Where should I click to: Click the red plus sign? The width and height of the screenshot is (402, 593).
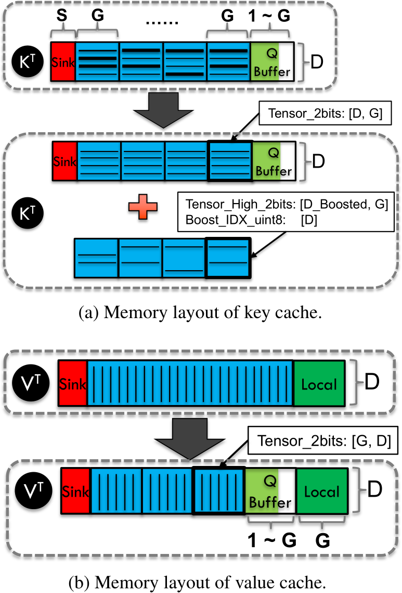pos(143,207)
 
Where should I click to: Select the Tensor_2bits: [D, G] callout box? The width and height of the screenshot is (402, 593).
pos(325,113)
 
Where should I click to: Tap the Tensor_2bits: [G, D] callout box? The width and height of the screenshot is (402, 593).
pos(323,440)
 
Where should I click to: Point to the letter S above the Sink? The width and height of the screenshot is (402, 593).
pos(61,16)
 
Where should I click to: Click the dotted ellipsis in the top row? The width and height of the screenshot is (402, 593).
pos(162,23)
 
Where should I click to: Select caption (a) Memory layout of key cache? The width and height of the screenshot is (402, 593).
pos(200,313)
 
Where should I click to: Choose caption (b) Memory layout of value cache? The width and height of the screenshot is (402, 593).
pos(198,583)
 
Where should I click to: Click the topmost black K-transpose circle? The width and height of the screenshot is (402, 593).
pos(27,61)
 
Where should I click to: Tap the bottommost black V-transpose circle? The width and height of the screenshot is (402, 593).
pos(34,490)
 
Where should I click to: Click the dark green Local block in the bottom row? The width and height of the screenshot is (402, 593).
pos(322,491)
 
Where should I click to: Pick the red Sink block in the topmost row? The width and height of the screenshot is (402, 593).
pos(63,61)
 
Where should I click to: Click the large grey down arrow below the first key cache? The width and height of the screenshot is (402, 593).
pos(163,110)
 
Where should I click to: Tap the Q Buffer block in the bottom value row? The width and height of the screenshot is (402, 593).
pos(270,491)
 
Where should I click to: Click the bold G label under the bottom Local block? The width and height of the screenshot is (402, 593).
pos(322,540)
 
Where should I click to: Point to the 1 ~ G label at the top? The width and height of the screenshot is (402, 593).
pos(269,16)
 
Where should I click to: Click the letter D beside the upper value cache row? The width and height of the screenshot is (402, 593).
pos(372,382)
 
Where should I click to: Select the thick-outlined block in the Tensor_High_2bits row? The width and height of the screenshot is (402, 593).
pos(228,258)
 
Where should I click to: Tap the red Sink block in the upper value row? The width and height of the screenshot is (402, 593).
pos(73,384)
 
